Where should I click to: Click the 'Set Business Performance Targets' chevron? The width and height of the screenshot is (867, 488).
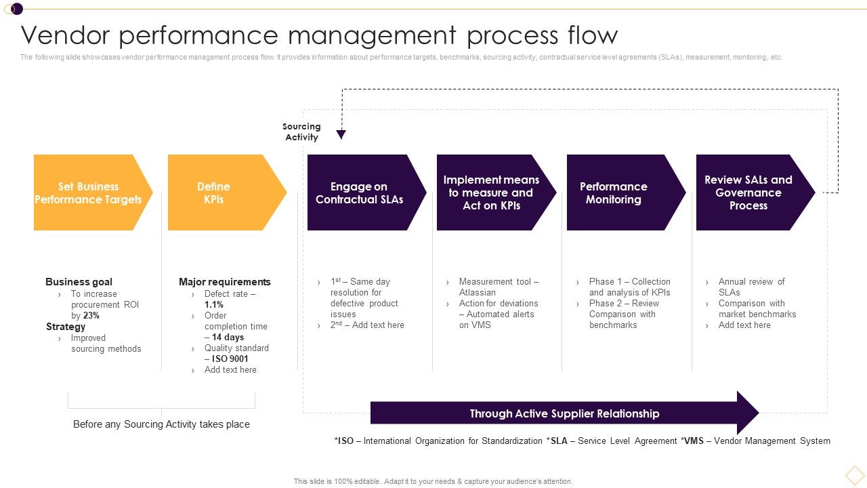(x=88, y=192)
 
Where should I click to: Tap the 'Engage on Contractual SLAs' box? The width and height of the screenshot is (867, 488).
(x=360, y=192)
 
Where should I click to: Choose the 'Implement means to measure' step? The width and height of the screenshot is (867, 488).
(x=491, y=192)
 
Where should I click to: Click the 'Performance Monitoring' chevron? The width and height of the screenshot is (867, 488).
(x=615, y=192)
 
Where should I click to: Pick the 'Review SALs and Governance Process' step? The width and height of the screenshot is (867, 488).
(x=748, y=192)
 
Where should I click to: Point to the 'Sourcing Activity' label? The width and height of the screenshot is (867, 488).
(x=301, y=131)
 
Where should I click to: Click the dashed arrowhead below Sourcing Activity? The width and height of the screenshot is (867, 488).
(x=341, y=135)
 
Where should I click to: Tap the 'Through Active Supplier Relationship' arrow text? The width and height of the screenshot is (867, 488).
(x=564, y=413)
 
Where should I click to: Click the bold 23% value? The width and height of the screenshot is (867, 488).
(x=91, y=315)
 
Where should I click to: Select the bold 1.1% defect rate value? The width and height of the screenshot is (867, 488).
(x=214, y=304)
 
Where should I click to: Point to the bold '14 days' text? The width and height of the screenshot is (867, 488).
(x=228, y=337)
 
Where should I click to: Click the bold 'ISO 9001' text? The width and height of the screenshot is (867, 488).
(x=230, y=359)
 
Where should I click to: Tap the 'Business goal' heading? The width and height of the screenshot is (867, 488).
(x=79, y=281)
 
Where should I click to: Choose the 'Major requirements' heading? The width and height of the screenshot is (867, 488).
(x=224, y=281)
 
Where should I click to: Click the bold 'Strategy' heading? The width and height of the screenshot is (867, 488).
(x=66, y=326)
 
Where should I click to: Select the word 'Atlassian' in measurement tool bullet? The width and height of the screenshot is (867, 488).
(x=478, y=292)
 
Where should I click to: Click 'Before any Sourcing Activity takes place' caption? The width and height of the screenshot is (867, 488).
(x=161, y=424)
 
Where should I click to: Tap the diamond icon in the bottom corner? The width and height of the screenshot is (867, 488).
(x=855, y=474)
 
